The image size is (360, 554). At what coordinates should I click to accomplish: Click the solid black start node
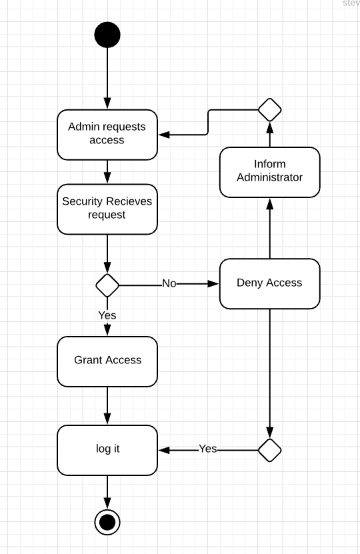click(x=107, y=35)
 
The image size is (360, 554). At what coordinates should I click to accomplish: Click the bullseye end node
click(x=107, y=522)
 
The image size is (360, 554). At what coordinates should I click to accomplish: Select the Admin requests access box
click(x=107, y=135)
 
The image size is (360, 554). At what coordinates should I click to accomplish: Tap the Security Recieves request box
click(x=107, y=209)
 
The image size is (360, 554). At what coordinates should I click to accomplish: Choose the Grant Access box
click(x=107, y=361)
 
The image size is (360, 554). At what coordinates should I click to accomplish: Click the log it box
click(x=107, y=449)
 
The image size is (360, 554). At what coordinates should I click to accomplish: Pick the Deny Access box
click(x=269, y=283)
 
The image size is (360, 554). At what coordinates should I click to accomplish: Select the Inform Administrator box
click(x=269, y=172)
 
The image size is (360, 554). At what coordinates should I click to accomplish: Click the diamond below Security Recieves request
click(x=107, y=285)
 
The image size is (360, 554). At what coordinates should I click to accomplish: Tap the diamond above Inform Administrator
click(x=270, y=109)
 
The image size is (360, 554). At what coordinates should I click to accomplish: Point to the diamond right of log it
click(x=270, y=450)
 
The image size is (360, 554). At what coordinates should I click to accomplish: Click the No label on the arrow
click(x=169, y=284)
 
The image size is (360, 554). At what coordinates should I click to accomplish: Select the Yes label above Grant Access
click(x=107, y=315)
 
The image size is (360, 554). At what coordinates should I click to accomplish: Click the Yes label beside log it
click(x=208, y=449)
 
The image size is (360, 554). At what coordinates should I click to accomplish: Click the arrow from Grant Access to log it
click(x=107, y=405)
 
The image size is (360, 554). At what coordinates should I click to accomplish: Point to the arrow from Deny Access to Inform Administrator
click(x=270, y=230)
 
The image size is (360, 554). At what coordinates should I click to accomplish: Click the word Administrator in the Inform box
click(x=269, y=178)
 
